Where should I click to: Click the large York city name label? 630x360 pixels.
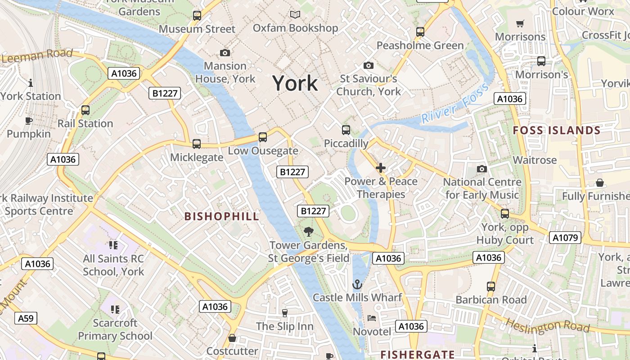point(295,84)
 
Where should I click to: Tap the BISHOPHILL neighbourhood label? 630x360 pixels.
point(222,216)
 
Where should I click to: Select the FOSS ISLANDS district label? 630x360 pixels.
point(557,130)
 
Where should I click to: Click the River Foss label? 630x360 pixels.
point(455,104)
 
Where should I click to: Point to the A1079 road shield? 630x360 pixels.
point(565,238)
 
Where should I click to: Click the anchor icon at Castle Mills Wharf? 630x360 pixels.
point(357,284)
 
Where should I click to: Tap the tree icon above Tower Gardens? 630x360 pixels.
point(309,232)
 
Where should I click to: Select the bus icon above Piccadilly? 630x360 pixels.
point(346,130)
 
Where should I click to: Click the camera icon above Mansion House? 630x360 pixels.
point(225,53)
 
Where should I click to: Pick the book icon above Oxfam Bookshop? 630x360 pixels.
point(295,15)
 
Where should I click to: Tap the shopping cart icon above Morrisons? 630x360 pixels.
point(520,23)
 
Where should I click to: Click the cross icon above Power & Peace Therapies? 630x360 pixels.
point(381,168)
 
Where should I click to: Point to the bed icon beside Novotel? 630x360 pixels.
point(372,318)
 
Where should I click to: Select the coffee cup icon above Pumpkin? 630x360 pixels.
point(29,121)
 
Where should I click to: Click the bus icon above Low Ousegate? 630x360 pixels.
point(263,137)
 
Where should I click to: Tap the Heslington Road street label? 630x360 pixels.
point(547,325)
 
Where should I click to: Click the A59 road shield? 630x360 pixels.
point(26,319)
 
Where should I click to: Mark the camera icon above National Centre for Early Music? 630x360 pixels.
point(482,169)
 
